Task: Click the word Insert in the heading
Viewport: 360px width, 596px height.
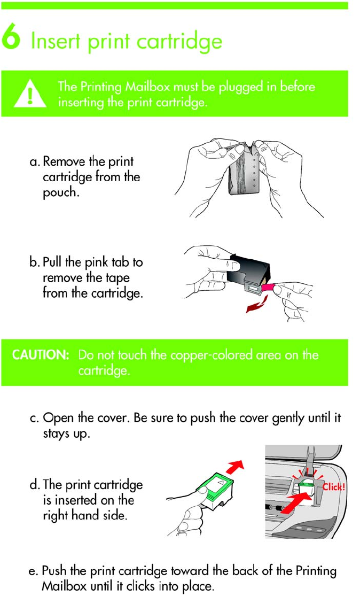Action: click(56, 41)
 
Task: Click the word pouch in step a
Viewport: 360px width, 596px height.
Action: click(61, 193)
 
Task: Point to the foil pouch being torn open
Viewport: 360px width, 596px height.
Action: click(244, 169)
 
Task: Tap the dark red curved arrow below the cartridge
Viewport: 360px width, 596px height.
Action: click(257, 305)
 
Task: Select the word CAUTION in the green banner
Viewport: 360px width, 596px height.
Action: click(41, 354)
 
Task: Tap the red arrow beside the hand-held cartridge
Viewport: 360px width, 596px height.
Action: click(234, 466)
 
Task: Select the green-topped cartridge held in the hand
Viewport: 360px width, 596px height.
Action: click(215, 490)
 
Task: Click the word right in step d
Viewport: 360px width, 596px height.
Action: click(54, 516)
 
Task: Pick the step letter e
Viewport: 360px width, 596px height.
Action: click(34, 571)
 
